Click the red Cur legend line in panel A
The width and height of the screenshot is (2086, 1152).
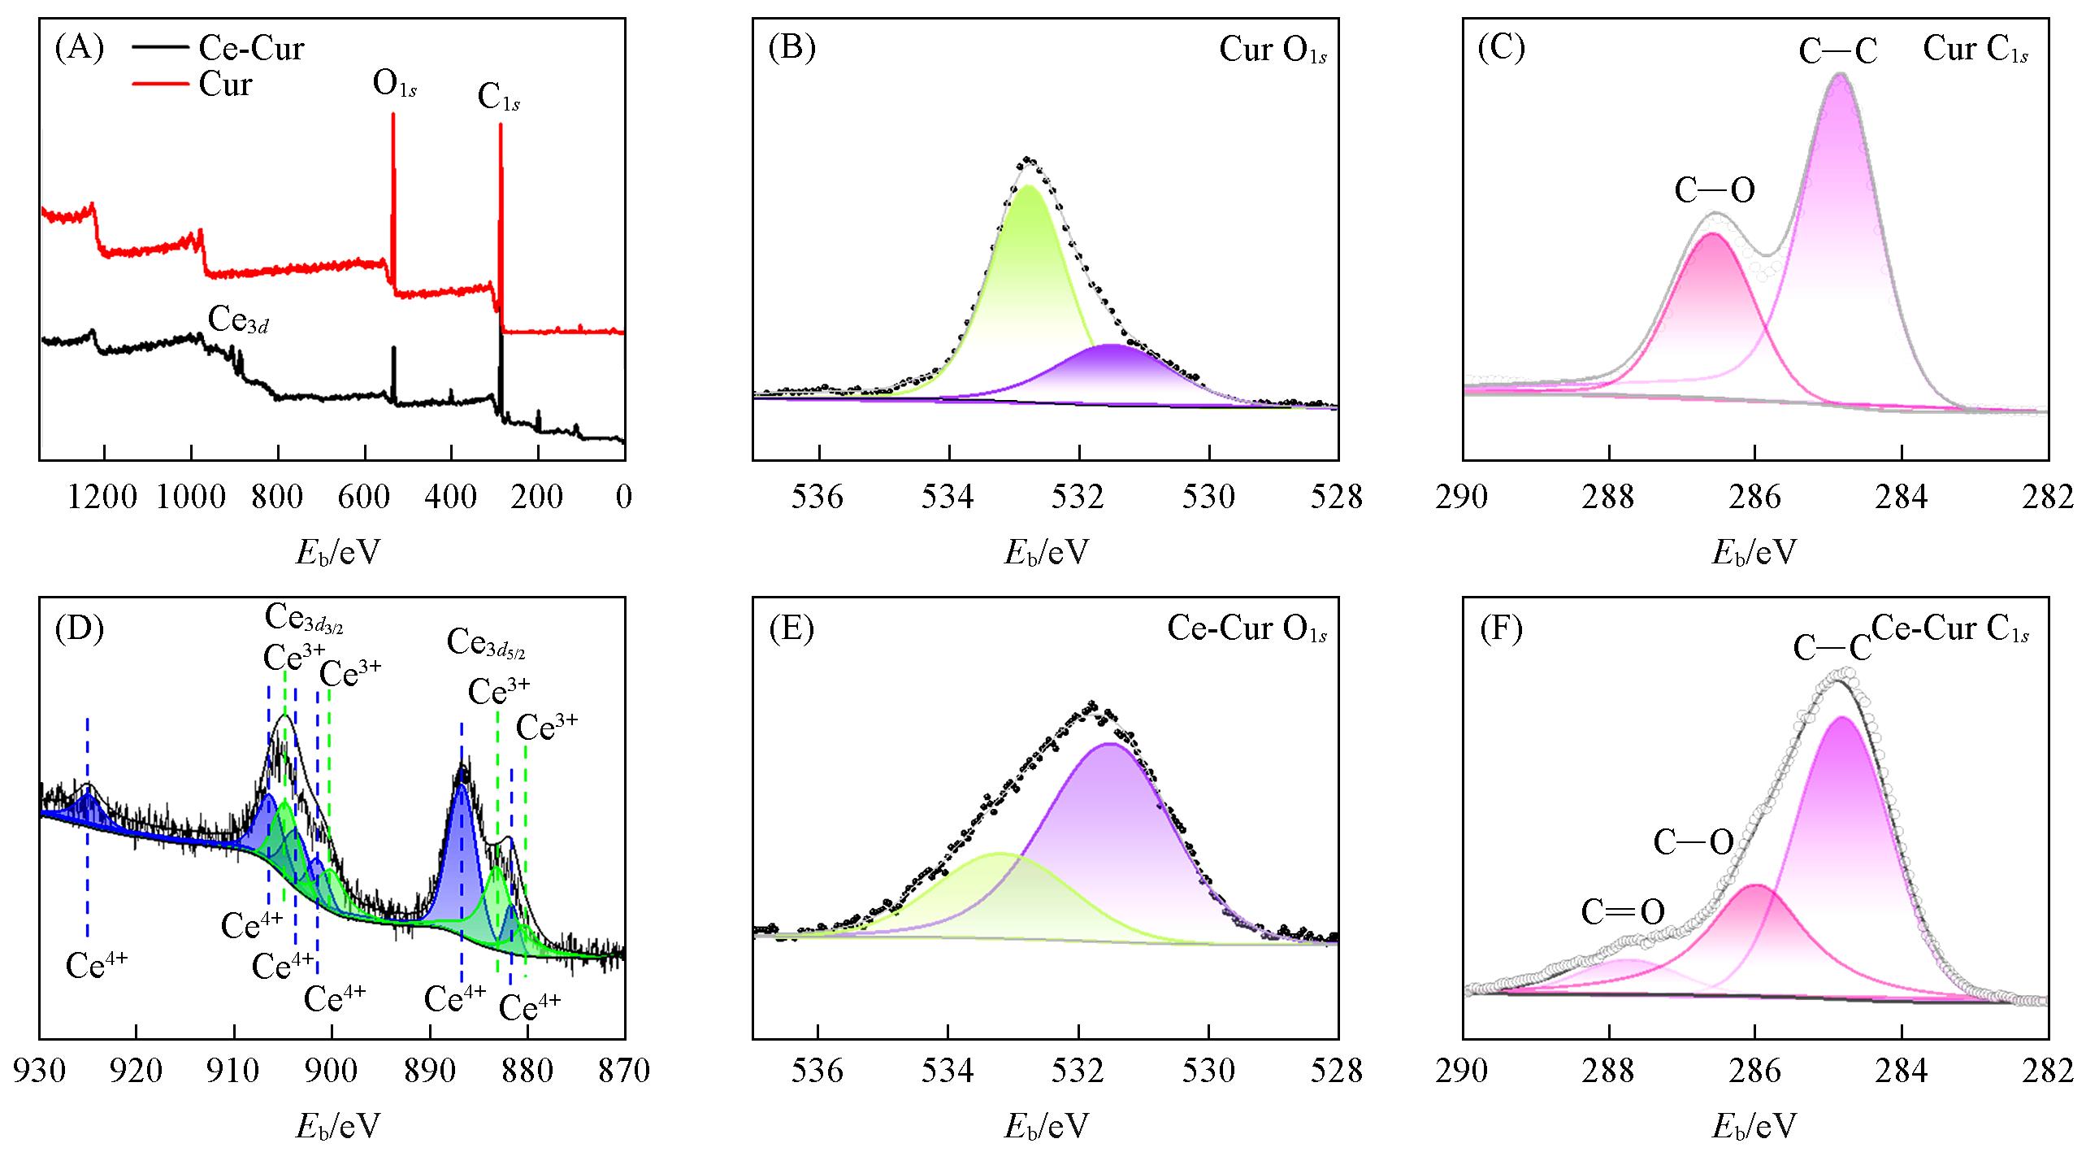[160, 84]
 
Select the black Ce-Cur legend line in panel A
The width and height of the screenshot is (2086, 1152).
[160, 48]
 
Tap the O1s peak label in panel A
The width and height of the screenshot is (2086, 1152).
[395, 85]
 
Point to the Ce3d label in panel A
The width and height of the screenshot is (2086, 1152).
[238, 320]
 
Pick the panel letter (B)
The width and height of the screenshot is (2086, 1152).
[791, 48]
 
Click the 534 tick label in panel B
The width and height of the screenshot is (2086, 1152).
[948, 497]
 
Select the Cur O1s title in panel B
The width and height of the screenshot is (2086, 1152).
[1273, 50]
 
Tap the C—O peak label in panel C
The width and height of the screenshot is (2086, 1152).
[1714, 190]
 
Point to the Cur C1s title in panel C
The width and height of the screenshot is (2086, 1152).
[1975, 50]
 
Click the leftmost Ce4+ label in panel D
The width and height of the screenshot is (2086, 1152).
[97, 965]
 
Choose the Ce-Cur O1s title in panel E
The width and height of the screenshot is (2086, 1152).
[1247, 629]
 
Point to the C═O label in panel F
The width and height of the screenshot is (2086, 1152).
[1622, 912]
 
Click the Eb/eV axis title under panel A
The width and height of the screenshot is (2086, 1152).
[338, 553]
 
